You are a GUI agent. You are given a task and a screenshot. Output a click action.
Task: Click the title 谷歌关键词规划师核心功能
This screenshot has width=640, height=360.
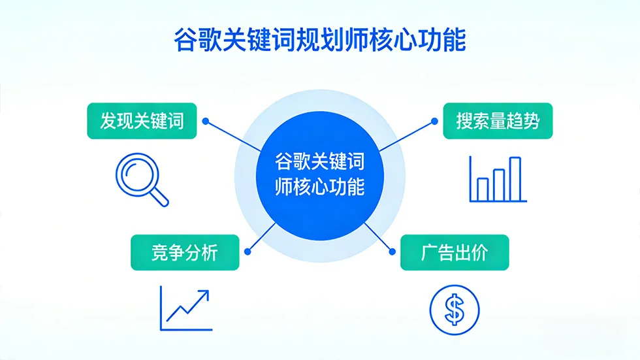pyautogui.click(x=319, y=40)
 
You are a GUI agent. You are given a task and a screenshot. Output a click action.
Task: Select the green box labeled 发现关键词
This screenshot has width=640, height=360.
pyautogui.click(x=142, y=121)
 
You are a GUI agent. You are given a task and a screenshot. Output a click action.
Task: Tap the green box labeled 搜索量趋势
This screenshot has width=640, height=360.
pyautogui.click(x=498, y=121)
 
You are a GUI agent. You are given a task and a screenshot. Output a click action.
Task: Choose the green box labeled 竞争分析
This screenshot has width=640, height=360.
pyautogui.click(x=185, y=252)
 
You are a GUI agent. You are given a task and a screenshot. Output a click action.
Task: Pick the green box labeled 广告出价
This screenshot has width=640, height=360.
pyautogui.click(x=454, y=252)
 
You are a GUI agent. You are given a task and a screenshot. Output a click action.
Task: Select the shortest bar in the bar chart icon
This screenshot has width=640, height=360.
pyautogui.click(x=483, y=189)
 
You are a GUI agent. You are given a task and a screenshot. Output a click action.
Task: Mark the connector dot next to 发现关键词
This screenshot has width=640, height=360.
pyautogui.click(x=205, y=121)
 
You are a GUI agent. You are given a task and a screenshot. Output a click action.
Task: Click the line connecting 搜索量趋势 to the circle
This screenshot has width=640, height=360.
pyautogui.click(x=406, y=135)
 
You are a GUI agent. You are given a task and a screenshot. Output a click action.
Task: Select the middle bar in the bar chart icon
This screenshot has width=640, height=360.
pyautogui.click(x=499, y=184)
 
